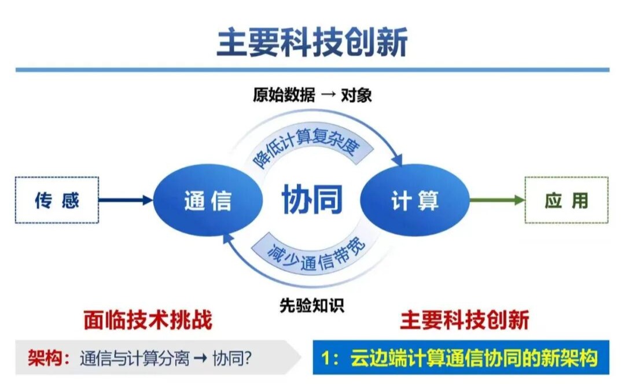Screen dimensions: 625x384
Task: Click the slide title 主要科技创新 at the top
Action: tap(312, 42)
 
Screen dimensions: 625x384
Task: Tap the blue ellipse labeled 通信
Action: tap(208, 200)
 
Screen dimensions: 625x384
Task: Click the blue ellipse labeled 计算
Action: tap(415, 200)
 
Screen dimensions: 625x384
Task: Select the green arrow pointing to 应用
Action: tap(497, 200)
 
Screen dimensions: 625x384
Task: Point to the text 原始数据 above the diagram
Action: tap(284, 95)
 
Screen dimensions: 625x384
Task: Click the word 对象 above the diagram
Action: tap(356, 95)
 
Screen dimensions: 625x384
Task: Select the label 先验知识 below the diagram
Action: tap(312, 305)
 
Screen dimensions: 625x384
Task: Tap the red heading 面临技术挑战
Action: tap(148, 320)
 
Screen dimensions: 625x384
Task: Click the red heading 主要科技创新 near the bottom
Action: tap(464, 320)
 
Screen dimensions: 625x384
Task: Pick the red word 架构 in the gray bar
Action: tap(45, 358)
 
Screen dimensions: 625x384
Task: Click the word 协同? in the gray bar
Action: tap(231, 358)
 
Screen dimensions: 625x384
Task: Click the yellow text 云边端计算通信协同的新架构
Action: tap(474, 358)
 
